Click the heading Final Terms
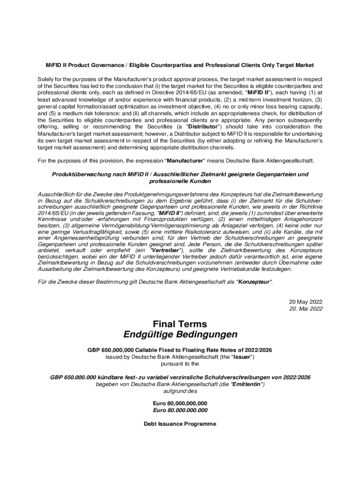pos(180,324)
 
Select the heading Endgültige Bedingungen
pos(180,335)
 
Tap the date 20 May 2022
pos(306,301)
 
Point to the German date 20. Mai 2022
pos(306,308)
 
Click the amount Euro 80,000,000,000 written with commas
pos(180,403)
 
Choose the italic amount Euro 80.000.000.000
pos(180,410)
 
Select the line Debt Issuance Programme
pos(180,424)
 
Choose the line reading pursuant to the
pos(180,363)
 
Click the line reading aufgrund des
pos(180,391)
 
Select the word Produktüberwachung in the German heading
pos(78,174)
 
